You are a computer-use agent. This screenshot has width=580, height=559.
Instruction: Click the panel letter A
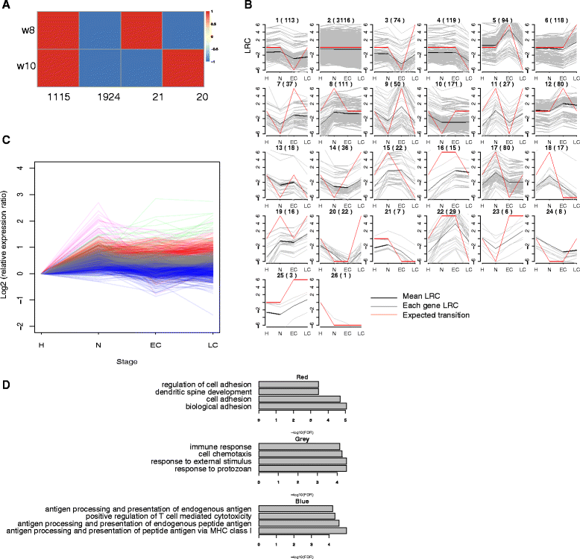[x=6, y=4]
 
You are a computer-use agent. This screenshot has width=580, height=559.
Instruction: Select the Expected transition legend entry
[x=432, y=315]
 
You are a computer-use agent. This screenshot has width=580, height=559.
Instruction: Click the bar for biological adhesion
[x=303, y=407]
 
